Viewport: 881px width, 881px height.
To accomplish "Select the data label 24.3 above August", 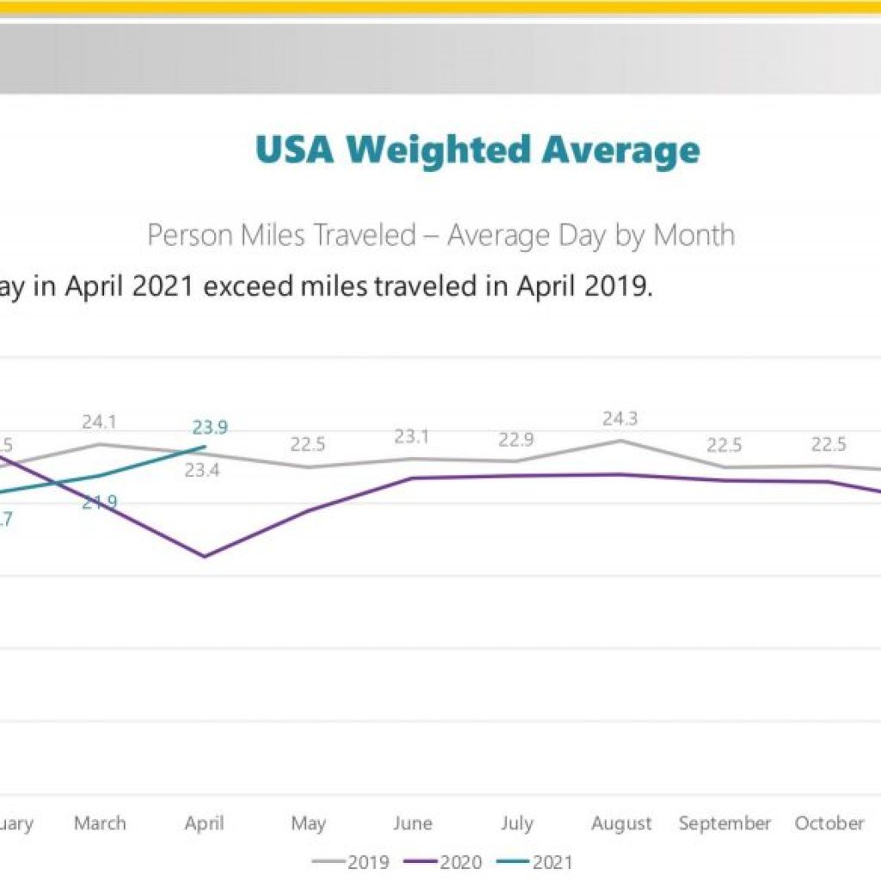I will (619, 419).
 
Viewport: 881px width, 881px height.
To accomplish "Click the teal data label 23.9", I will (209, 428).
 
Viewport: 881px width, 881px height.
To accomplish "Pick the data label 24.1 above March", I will (100, 422).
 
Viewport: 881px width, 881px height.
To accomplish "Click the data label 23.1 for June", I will (411, 436).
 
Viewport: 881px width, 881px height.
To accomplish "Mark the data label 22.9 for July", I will (515, 440).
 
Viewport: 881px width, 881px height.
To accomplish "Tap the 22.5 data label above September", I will (724, 445).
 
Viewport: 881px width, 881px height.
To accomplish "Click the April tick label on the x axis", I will (204, 823).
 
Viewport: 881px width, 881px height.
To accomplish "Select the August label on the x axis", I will (620, 823).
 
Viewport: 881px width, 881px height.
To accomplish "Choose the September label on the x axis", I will (724, 823).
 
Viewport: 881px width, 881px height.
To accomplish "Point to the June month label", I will (412, 823).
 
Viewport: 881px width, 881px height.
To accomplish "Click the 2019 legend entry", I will (352, 861).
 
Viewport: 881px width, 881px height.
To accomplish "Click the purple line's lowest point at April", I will (204, 557).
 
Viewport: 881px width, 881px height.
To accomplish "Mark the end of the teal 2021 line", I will (205, 447).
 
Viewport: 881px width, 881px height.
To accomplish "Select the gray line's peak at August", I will (620, 440).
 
